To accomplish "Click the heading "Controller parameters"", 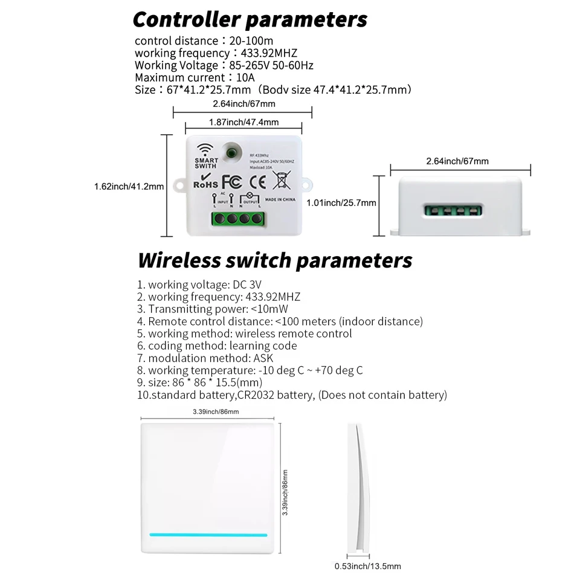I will click(250, 19).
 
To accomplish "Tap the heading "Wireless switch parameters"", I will click(275, 260).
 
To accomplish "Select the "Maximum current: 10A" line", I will click(195, 77).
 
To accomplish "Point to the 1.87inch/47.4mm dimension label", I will click(243, 122).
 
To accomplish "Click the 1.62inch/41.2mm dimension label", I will click(129, 187).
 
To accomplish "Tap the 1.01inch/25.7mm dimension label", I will click(341, 203).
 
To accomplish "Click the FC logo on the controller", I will click(232, 181).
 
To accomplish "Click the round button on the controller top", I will click(231, 151).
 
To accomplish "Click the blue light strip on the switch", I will click(208, 535).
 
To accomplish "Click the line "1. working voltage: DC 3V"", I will click(199, 285).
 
